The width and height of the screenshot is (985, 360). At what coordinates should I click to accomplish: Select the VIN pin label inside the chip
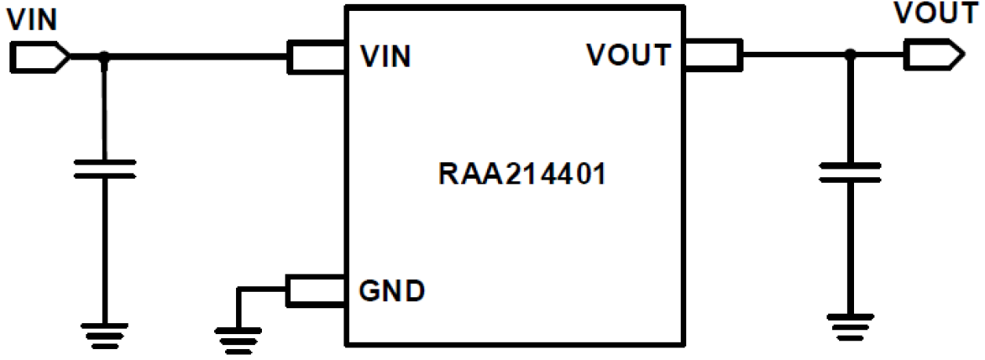point(385,56)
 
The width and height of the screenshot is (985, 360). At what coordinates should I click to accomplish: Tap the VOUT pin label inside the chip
point(629,55)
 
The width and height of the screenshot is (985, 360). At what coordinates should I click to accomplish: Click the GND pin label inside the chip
point(392,291)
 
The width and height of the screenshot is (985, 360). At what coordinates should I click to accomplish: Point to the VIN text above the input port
point(31,20)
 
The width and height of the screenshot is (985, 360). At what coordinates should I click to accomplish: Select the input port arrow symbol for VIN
point(40,57)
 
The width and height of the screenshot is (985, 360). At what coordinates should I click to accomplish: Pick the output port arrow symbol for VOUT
point(932,55)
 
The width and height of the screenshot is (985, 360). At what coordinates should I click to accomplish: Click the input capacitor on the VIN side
point(104,168)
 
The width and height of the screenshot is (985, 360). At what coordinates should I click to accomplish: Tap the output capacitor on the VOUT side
point(849,171)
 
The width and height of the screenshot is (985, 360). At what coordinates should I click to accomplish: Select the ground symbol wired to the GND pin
point(238,337)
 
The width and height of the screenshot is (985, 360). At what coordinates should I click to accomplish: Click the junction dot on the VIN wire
point(104,57)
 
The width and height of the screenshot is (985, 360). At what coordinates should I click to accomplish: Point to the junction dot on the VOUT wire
point(849,55)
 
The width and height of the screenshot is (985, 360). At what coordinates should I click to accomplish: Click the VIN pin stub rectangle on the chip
point(318,57)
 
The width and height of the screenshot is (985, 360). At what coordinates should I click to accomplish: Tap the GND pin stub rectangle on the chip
point(318,290)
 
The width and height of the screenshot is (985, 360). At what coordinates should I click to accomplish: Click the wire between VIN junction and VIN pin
point(196,57)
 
